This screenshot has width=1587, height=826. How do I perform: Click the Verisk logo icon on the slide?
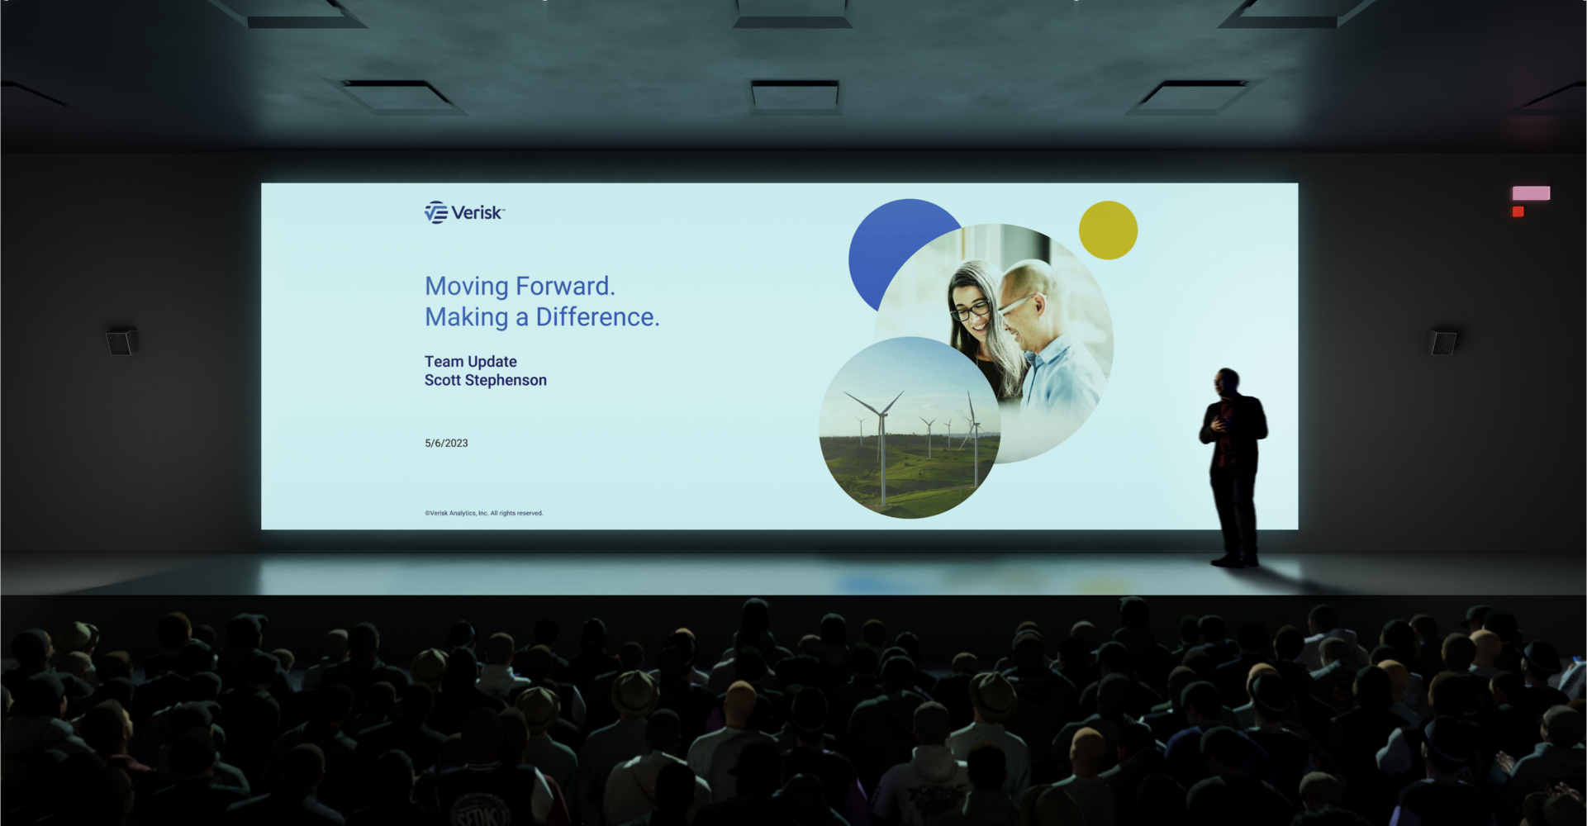pos(436,212)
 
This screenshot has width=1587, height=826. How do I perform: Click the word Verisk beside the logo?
pos(477,213)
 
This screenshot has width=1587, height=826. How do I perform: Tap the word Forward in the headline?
pos(565,286)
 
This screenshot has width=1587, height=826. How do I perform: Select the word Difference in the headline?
pos(597,317)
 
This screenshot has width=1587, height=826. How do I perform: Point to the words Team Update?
pos(471,362)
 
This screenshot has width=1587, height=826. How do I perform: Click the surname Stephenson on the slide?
pos(506,381)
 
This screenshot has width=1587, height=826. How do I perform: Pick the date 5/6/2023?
pos(446,444)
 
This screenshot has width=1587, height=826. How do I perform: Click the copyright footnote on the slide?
pos(484,513)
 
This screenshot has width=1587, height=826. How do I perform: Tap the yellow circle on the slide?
pos(1108,230)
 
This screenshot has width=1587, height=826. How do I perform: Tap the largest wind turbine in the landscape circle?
pos(881,446)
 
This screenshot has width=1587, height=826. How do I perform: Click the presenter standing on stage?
pos(1233,468)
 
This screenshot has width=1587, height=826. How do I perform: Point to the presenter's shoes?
pos(1234,561)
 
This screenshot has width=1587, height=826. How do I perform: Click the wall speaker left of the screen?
pos(121,341)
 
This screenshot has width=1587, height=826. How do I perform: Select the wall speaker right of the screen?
pos(1443,341)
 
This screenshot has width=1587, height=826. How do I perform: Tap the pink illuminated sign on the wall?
pos(1531,193)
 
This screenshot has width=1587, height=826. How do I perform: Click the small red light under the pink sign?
pos(1518,212)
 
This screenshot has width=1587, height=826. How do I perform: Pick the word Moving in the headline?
pos(467,287)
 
